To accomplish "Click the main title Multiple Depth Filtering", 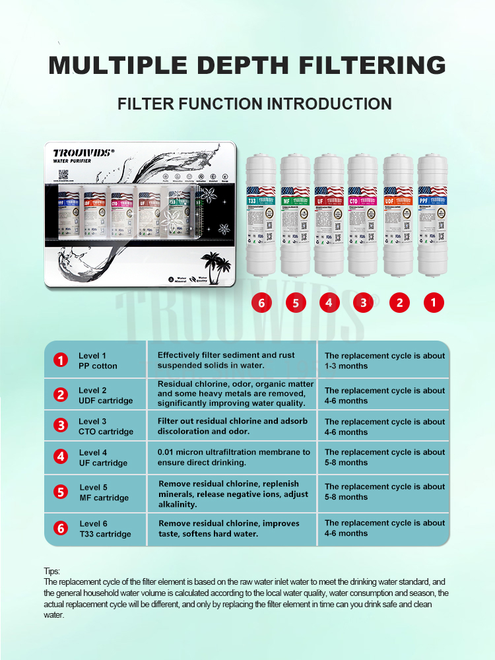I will (247, 65).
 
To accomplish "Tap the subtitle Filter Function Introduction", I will (254, 104).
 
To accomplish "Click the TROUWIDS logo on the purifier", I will (84, 152).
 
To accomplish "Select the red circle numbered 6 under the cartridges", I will (262, 303).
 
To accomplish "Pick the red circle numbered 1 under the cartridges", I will (434, 303).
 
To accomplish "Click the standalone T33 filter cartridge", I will (261, 214).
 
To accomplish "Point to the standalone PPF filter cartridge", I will (433, 214).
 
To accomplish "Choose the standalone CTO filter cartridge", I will (364, 214).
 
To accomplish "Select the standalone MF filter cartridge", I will (296, 214).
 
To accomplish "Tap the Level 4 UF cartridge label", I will (103, 458).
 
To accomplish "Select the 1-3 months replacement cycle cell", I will (384, 361).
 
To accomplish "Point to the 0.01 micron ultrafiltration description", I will (233, 457).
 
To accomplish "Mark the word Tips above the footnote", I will (51, 572).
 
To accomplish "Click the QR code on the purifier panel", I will (63, 175).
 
